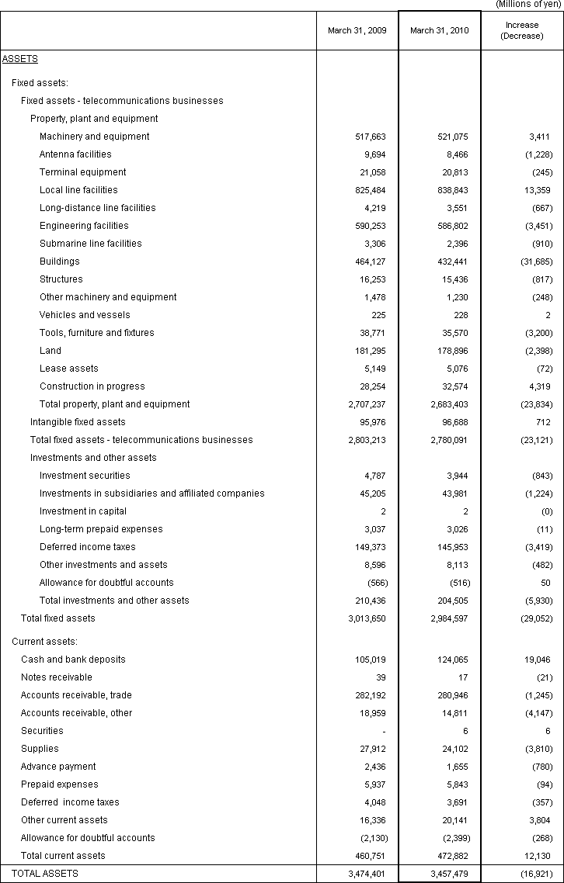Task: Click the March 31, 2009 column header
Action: (x=357, y=31)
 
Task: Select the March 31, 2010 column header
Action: (x=440, y=31)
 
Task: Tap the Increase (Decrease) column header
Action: (x=522, y=31)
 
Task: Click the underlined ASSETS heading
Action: (x=20, y=59)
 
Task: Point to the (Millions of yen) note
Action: (x=528, y=5)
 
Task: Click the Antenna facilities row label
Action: (x=75, y=154)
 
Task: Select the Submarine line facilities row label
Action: (x=91, y=244)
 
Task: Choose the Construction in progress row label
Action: (x=92, y=386)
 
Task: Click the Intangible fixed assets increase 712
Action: (x=544, y=422)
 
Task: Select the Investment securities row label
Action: (x=85, y=476)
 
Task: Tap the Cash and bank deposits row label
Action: (x=73, y=660)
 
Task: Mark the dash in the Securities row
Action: (x=383, y=731)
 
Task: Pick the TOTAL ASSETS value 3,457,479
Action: (x=447, y=874)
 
